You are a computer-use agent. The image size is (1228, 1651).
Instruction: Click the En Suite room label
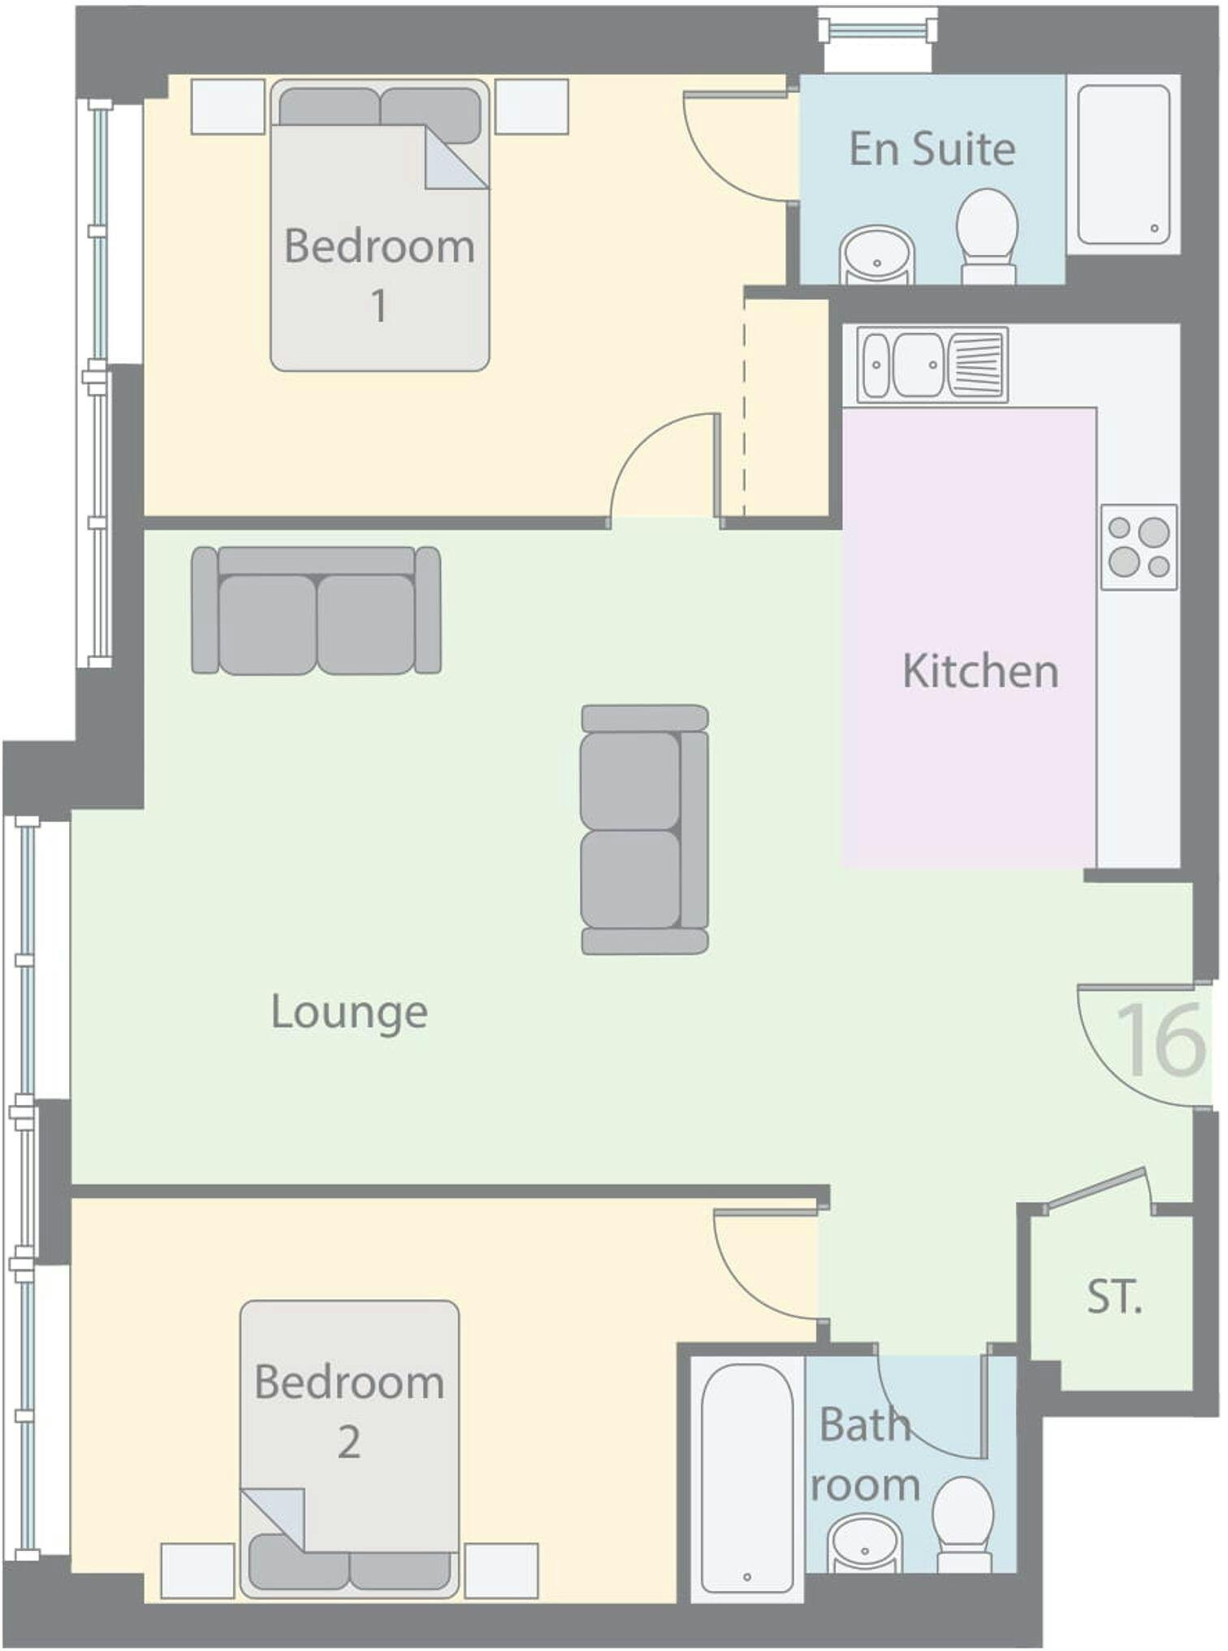932,149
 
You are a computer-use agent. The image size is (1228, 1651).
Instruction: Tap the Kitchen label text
980,671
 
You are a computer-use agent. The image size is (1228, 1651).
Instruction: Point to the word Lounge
349,1013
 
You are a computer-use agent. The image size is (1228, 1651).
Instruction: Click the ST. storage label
1115,1297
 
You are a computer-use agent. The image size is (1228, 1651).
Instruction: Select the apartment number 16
1161,1039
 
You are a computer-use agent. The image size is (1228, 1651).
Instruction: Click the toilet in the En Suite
988,236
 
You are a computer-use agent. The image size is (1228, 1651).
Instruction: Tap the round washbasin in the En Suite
877,255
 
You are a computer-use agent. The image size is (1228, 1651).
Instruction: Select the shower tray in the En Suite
1123,164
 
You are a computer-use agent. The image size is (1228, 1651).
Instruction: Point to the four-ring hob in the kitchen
1139,547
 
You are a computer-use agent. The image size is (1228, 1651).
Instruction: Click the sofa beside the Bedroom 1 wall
317,610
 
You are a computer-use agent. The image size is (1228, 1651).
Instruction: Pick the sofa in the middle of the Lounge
645,829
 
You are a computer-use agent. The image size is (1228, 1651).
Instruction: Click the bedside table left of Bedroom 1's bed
228,106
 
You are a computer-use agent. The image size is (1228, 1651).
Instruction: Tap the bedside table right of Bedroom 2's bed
501,1571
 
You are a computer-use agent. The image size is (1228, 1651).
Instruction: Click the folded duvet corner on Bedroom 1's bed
456,158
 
